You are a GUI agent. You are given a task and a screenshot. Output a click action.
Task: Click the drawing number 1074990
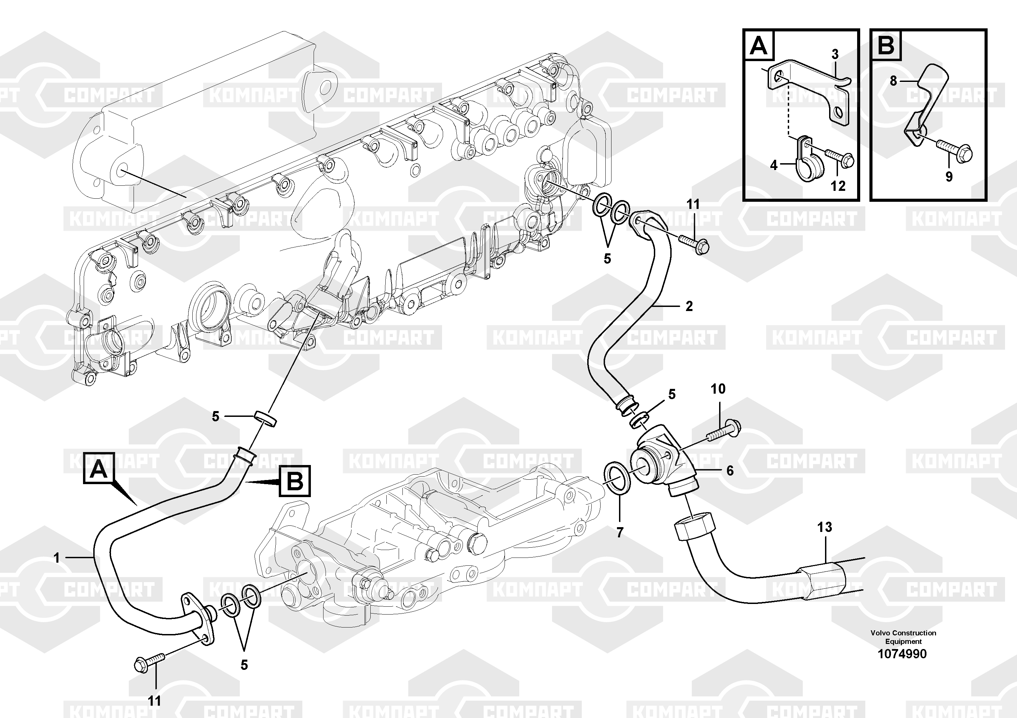point(902,653)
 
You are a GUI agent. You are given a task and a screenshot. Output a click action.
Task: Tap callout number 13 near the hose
point(824,527)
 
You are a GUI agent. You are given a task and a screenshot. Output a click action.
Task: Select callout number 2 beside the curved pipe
point(689,306)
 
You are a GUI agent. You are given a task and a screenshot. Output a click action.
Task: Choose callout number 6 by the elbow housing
point(730,470)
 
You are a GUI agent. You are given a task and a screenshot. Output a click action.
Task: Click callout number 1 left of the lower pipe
point(57,558)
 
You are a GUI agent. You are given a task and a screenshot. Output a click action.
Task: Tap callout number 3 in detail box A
point(835,54)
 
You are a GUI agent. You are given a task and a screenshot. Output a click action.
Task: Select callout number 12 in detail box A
point(838,186)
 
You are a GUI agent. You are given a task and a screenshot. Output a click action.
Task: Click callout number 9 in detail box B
point(949,177)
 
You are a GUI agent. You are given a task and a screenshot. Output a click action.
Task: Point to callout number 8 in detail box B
point(893,81)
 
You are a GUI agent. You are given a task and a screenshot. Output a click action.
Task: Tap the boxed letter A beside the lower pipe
point(99,469)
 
